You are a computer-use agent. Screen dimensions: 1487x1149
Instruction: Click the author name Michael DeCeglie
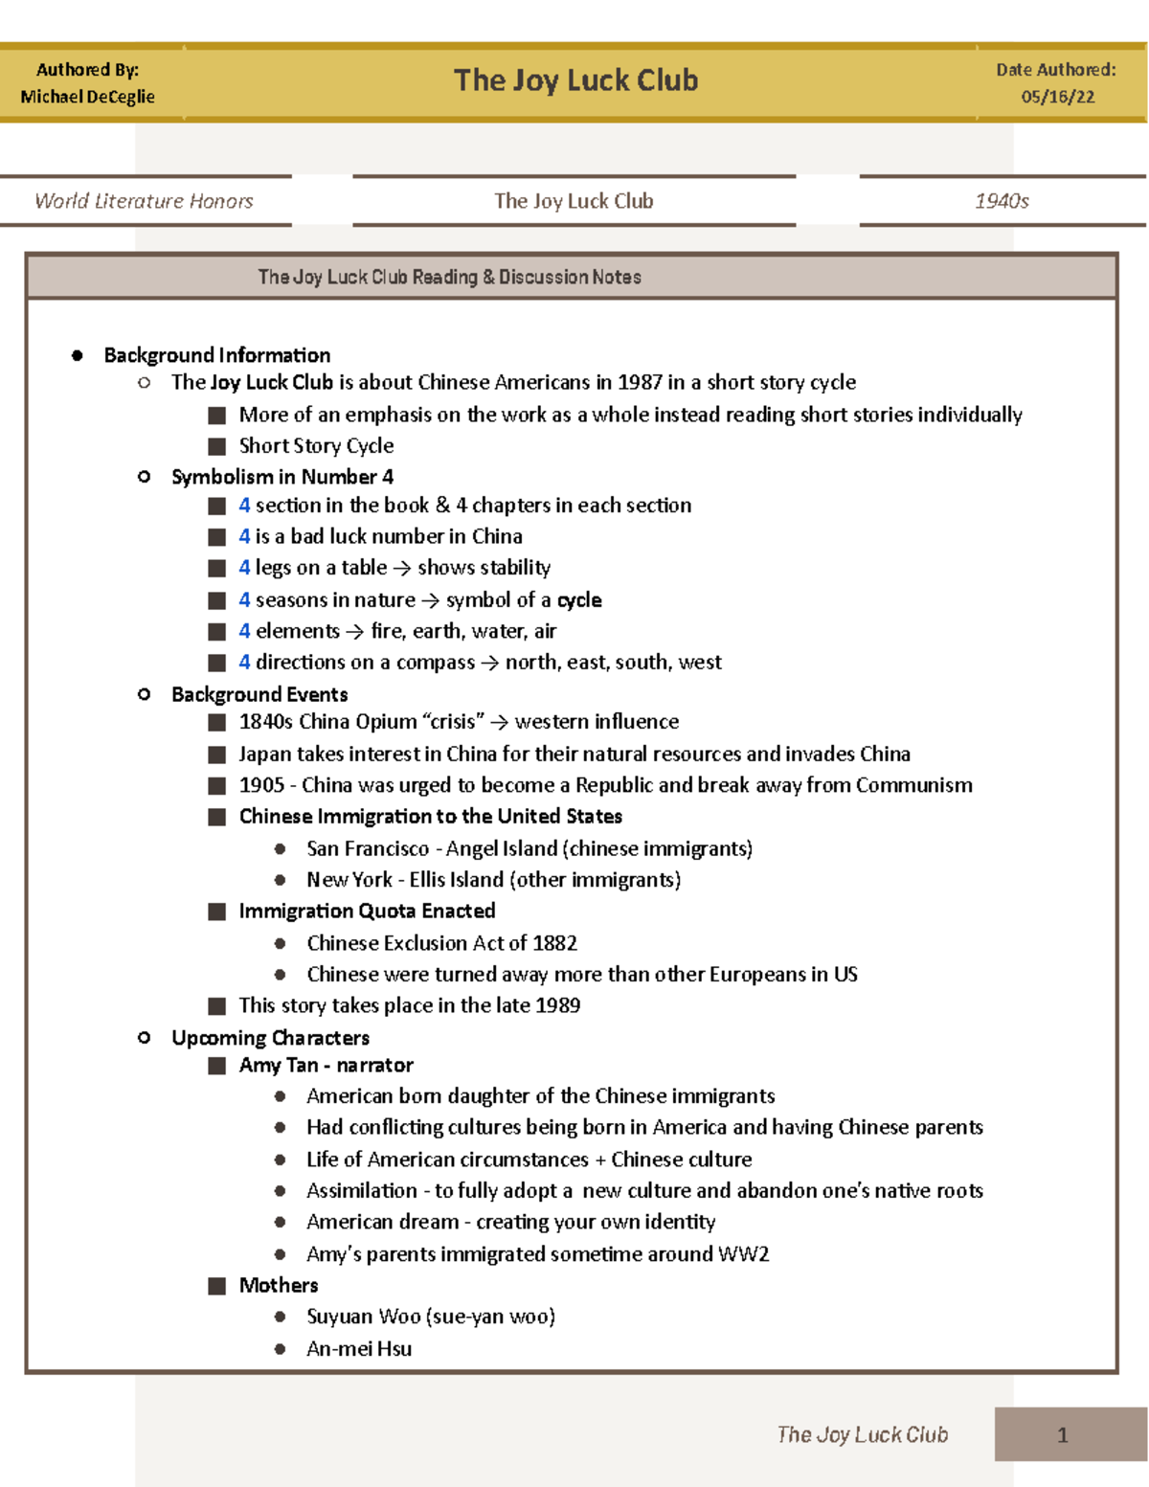(87, 97)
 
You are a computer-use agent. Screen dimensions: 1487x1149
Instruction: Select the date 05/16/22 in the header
(1057, 97)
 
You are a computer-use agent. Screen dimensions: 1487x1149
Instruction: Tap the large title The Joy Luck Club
(575, 80)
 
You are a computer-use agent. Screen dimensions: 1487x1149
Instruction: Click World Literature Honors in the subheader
(144, 201)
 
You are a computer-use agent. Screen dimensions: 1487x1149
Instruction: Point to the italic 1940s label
(1002, 201)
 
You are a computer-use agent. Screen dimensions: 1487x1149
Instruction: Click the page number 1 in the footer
(1062, 1434)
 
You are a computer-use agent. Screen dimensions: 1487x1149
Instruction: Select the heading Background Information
(216, 355)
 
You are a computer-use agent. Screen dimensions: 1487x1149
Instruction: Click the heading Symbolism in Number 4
(282, 477)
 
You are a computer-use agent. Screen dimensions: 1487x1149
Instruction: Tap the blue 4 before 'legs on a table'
(244, 568)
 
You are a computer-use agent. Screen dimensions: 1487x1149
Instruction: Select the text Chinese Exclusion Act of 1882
(441, 943)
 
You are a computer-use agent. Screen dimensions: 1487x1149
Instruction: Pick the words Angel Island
(502, 848)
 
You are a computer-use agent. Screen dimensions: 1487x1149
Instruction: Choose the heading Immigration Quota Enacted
(367, 911)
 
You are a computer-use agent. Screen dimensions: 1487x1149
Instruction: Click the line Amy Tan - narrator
(326, 1066)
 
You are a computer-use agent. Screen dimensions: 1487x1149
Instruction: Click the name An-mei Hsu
(359, 1349)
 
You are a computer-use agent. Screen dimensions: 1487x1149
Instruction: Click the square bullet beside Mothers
(217, 1286)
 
